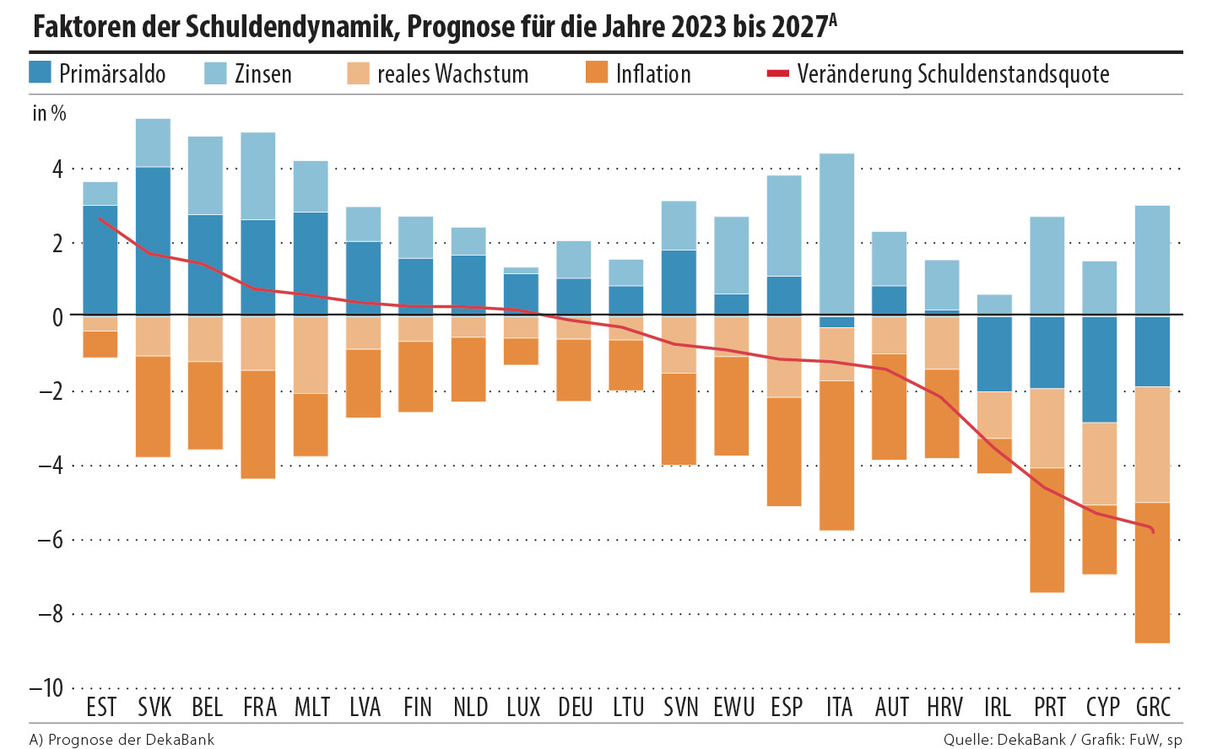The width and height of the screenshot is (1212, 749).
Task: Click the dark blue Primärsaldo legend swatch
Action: (x=41, y=73)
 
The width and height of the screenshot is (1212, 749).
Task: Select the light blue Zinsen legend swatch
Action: (x=215, y=73)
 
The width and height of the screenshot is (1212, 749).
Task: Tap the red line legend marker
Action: (x=776, y=74)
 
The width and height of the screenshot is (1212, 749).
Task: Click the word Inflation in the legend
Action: (x=653, y=74)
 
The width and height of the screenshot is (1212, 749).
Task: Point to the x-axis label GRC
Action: (x=1153, y=707)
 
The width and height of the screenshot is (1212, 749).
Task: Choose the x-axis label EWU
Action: (x=733, y=707)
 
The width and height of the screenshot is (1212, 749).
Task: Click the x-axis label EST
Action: (x=101, y=707)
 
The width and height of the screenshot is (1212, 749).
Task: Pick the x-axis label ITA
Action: (x=839, y=707)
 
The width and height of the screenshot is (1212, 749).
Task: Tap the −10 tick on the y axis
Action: (x=46, y=687)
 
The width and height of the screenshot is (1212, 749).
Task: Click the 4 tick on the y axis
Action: (x=57, y=169)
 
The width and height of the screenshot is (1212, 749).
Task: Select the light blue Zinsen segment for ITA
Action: (x=836, y=234)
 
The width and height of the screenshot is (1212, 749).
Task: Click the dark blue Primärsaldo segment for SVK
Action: (x=153, y=241)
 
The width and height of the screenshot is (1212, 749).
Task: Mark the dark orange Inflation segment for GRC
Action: (x=1153, y=573)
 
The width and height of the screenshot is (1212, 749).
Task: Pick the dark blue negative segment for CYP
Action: (x=1100, y=369)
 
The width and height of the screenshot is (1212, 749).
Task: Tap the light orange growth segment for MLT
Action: (x=311, y=355)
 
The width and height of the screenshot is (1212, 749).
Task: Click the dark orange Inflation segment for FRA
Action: (x=258, y=424)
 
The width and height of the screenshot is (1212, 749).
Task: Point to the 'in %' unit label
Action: (x=49, y=113)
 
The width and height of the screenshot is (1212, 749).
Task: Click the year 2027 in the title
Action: (x=798, y=27)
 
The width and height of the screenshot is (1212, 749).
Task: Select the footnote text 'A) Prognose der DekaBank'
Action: (x=122, y=740)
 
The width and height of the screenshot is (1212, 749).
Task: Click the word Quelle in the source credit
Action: (x=966, y=740)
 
